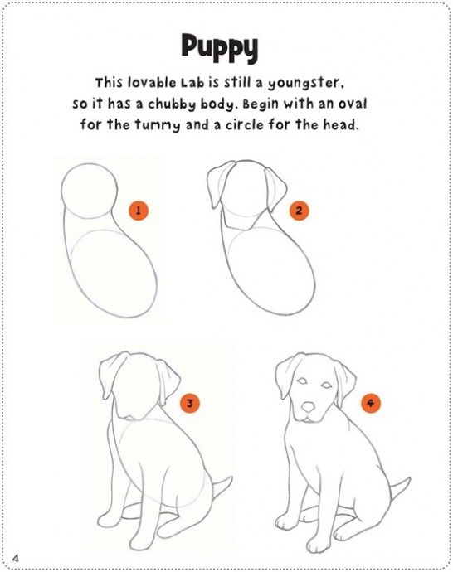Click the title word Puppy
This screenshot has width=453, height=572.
pos(220,48)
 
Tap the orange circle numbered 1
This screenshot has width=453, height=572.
pos(139,211)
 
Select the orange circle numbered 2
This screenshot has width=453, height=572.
pos(299,211)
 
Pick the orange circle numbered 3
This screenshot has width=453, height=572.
pos(190,403)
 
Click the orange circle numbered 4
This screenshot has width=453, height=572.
pos(371,403)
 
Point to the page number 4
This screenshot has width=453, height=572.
pos(15,558)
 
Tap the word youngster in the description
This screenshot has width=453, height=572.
pos(306,85)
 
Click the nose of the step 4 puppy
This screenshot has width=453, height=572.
pos(309,406)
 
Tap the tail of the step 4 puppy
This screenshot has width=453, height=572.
pos(400,490)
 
